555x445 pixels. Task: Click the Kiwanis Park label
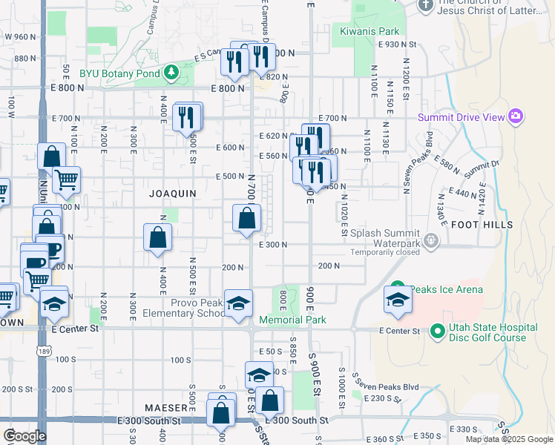pos(370,31)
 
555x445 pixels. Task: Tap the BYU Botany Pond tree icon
pos(172,71)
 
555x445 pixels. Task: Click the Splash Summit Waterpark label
pos(385,237)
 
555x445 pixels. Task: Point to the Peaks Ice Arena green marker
pos(397,288)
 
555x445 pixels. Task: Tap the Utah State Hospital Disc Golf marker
pos(436,329)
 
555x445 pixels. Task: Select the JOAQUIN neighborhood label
pos(172,194)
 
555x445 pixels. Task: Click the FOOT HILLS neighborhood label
pos(482,224)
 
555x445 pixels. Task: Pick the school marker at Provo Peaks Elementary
pos(238,303)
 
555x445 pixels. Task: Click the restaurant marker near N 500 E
pos(186,116)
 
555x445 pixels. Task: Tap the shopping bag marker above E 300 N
pos(246,220)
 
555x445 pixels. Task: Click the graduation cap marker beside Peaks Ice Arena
pos(398,300)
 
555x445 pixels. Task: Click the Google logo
pos(24,436)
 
